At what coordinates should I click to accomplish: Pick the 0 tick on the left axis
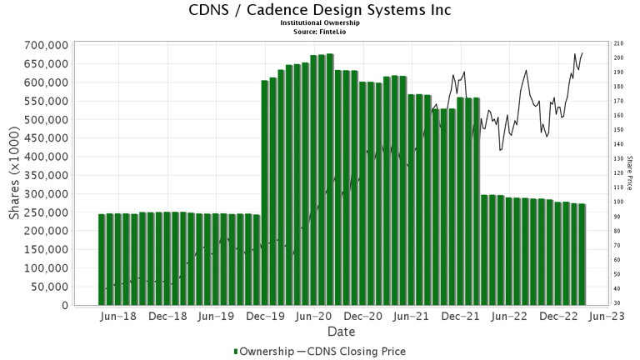pos(64,305)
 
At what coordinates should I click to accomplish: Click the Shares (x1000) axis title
pos(15,174)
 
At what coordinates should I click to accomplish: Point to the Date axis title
pos(341,332)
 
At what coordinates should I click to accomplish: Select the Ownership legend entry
pos(265,351)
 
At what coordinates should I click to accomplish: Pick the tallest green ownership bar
pos(330,179)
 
